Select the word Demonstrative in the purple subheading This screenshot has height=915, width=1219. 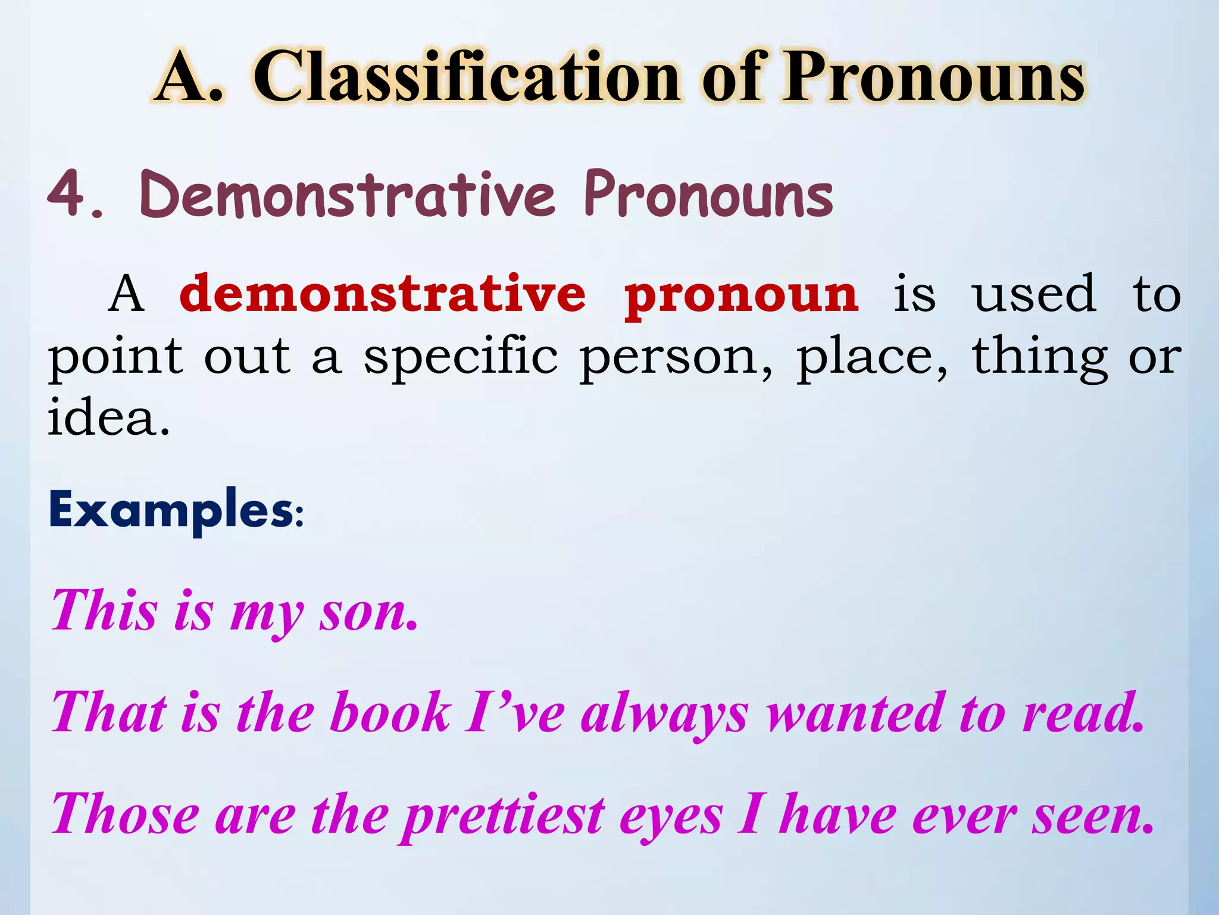(x=348, y=194)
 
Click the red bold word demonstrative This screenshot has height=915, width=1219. (x=382, y=294)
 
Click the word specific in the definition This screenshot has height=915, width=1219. (x=461, y=357)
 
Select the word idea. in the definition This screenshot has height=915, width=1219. (x=108, y=417)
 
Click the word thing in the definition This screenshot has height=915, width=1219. (x=1039, y=357)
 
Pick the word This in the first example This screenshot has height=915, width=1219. (x=105, y=610)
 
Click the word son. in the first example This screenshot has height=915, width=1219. (x=368, y=612)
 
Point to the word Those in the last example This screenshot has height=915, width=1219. (x=126, y=814)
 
